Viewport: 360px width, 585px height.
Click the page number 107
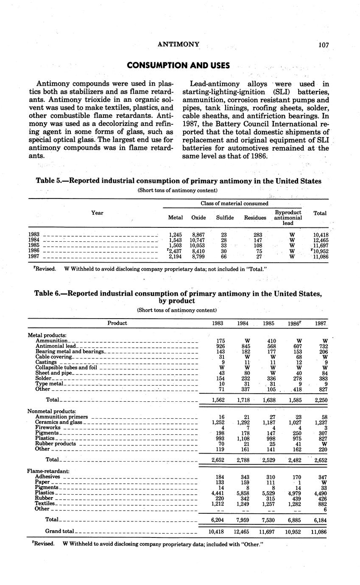coord(323,45)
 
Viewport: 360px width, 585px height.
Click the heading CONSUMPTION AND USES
coord(179,65)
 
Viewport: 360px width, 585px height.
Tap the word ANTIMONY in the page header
coord(178,44)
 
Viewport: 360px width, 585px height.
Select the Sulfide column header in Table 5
coord(225,218)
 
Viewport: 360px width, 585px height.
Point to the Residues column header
coord(255,218)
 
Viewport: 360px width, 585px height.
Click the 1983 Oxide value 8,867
coord(198,235)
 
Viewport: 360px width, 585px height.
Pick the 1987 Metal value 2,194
coord(176,257)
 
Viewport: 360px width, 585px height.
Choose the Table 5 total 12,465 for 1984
coord(320,240)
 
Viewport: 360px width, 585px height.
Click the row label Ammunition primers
coord(62,417)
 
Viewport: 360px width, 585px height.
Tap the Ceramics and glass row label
coord(59,423)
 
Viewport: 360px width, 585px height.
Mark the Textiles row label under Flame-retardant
coord(45,504)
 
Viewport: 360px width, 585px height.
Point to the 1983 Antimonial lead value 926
coord(218,346)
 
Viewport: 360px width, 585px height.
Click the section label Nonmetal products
coord(51,411)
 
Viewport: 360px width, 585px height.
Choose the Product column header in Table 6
coord(117,323)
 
